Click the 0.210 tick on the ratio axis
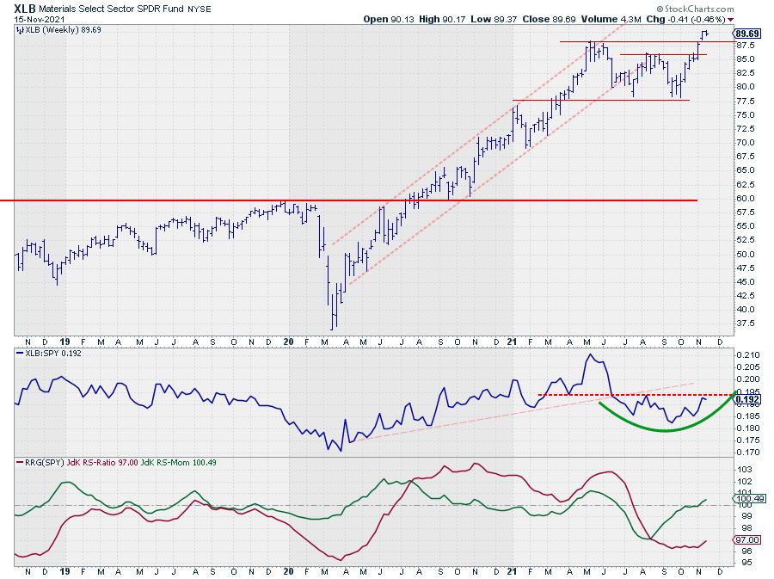click(747, 354)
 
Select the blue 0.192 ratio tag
click(749, 399)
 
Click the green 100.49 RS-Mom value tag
click(751, 498)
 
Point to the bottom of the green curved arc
click(666, 430)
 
